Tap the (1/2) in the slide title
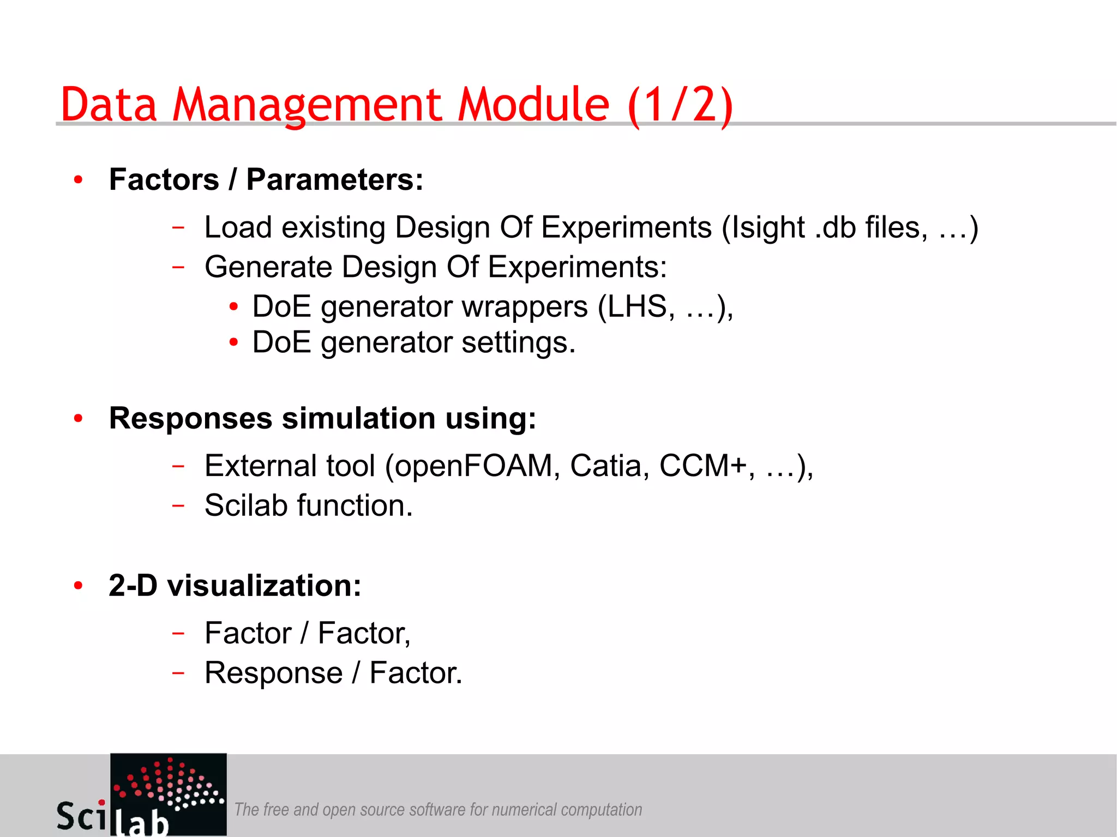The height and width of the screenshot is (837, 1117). [x=680, y=105]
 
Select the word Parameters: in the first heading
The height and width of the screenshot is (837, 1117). [x=334, y=179]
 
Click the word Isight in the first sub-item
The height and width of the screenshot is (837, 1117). [x=768, y=227]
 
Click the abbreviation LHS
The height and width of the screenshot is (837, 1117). [x=636, y=306]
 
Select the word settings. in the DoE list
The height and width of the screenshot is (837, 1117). [x=518, y=343]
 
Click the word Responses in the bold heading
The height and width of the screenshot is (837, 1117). [x=190, y=419]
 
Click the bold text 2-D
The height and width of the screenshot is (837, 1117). [x=133, y=586]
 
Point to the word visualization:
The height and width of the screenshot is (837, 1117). [x=264, y=586]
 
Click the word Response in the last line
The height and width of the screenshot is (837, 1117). [x=273, y=673]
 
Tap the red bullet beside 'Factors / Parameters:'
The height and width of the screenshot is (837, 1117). [x=79, y=180]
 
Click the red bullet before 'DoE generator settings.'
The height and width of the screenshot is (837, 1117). [x=233, y=343]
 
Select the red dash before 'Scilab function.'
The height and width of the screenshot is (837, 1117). [x=178, y=505]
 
